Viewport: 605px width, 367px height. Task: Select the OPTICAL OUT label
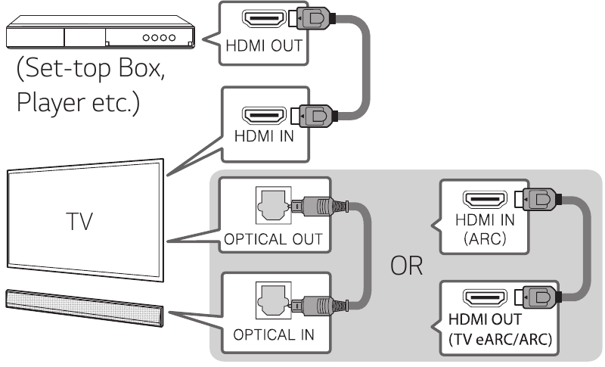click(x=272, y=241)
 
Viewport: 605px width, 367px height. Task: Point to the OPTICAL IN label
click(x=275, y=334)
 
